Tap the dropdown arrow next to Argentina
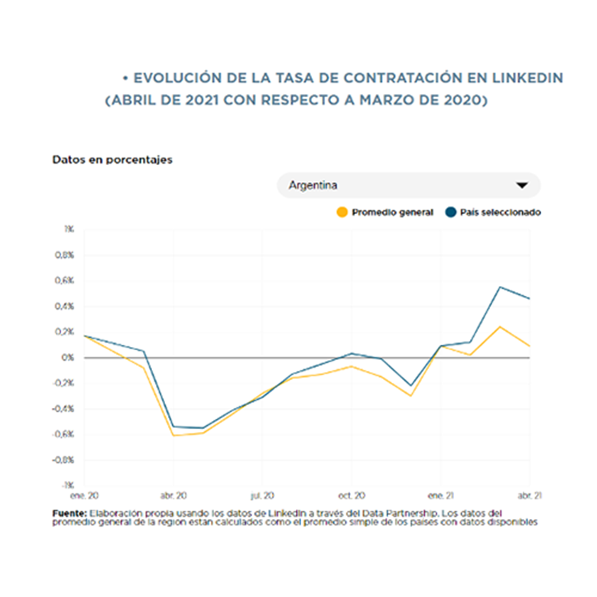[523, 185]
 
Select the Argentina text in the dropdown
[313, 185]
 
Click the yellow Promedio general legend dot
[342, 212]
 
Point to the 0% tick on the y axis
[69, 358]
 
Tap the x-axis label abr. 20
[174, 494]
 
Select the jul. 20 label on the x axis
[263, 494]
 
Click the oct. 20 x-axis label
[352, 494]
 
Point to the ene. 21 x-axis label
[440, 494]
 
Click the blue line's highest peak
[500, 287]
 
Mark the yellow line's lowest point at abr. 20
[174, 436]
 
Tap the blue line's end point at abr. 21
[530, 298]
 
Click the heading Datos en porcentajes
[112, 160]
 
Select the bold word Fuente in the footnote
[69, 513]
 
